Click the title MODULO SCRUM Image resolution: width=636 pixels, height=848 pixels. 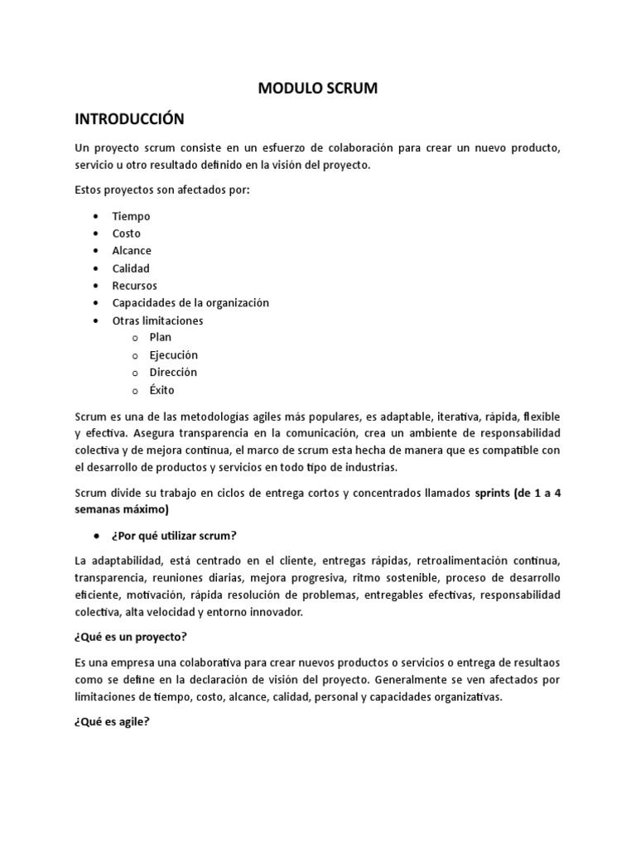point(319,89)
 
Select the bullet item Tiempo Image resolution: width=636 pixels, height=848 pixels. point(132,215)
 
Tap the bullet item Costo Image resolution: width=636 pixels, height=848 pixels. point(127,234)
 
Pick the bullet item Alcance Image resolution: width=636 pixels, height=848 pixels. point(132,250)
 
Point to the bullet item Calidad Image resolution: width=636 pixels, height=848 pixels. point(131,268)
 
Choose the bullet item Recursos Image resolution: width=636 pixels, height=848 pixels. point(135,286)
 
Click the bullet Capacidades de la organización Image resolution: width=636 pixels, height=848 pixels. point(190,303)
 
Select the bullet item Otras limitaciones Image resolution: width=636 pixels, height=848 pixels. point(157,320)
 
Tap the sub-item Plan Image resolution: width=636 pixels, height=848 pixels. point(161,338)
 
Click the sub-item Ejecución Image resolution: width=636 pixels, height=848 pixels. point(174,355)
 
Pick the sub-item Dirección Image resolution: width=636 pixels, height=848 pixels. point(174,373)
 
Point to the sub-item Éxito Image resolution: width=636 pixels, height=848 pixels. point(162,390)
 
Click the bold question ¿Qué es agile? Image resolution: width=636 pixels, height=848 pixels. point(111,721)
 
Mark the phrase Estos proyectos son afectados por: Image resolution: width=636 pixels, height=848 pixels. point(161,190)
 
